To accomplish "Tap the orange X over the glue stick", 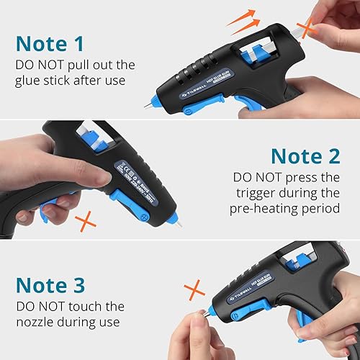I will coord(308,29).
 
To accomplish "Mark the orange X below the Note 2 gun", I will coord(88,221).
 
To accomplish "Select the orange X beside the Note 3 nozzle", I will coord(194,292).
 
